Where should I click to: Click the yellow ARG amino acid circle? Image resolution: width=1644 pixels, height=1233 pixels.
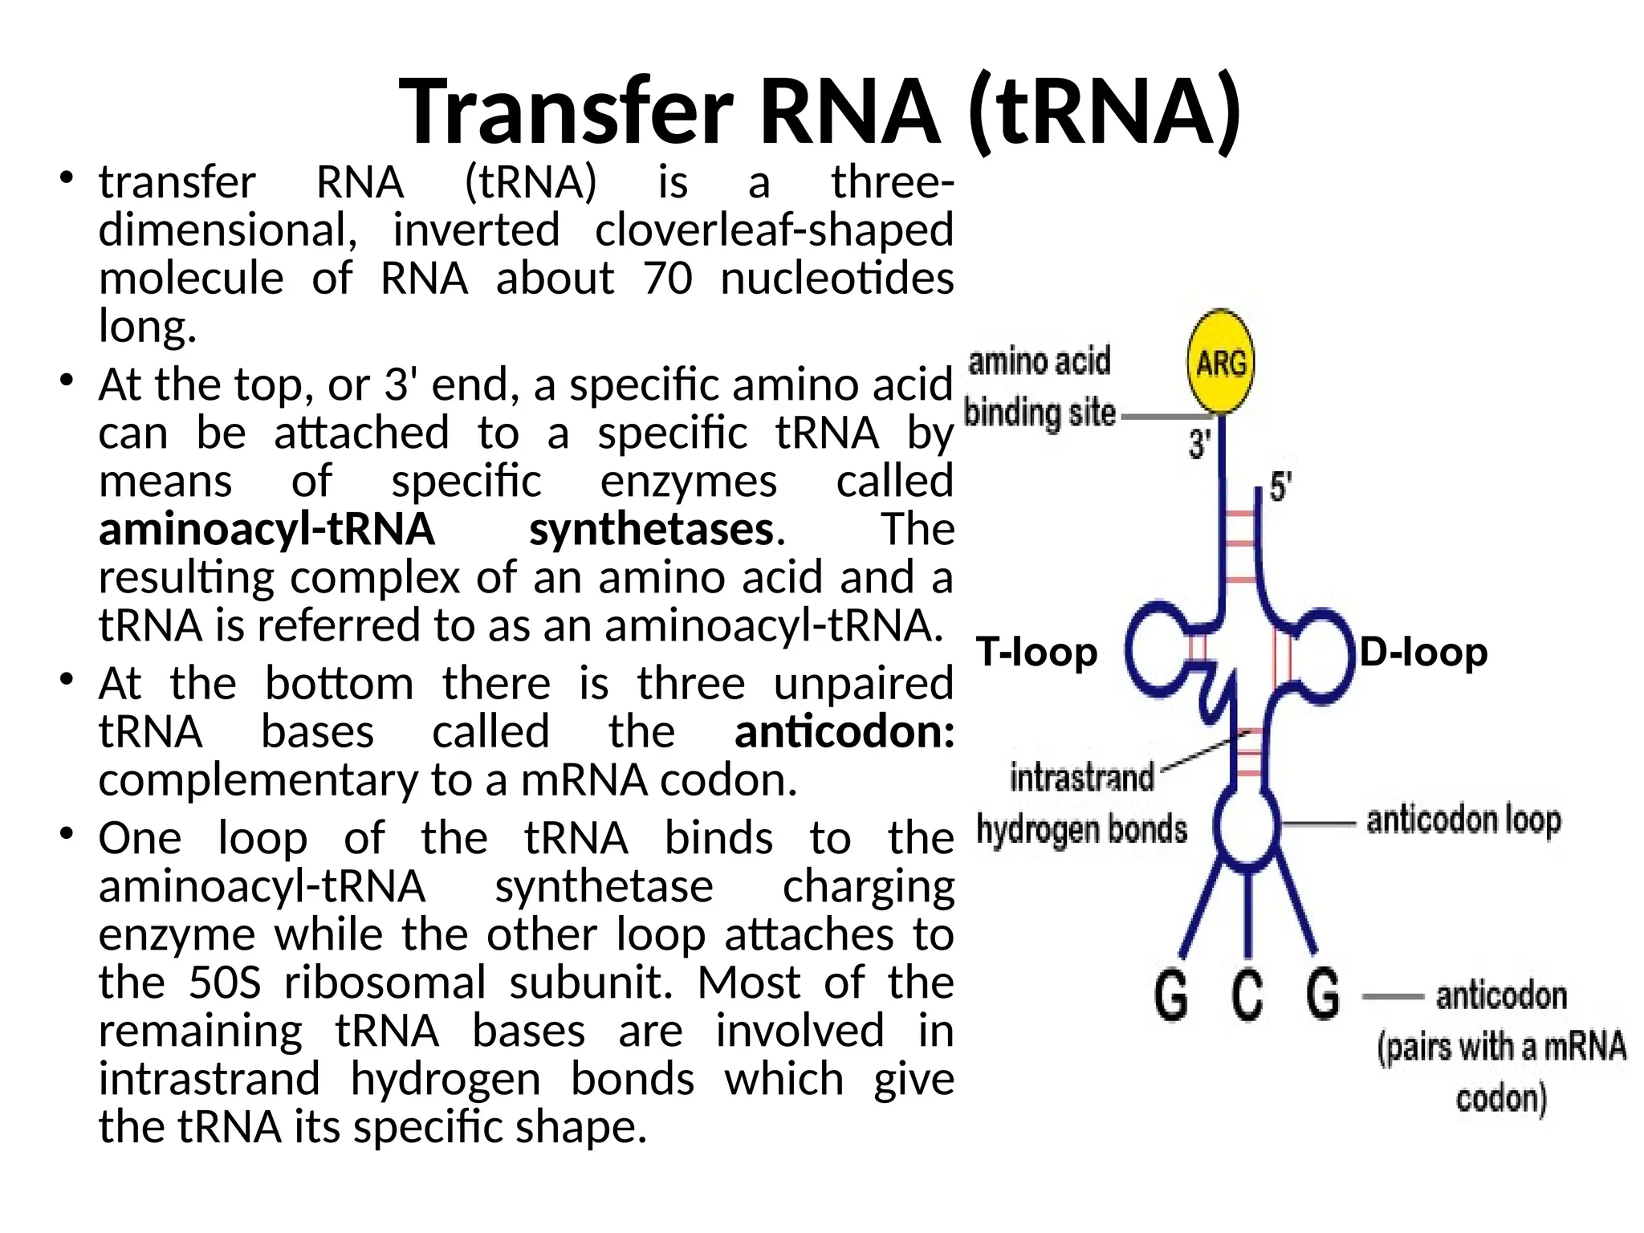pyautogui.click(x=1220, y=362)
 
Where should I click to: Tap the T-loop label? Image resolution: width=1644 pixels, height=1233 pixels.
pyautogui.click(x=1036, y=653)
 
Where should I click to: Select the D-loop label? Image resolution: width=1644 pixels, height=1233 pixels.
pyautogui.click(x=1422, y=653)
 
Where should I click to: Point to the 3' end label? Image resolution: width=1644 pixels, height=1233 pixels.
pyautogui.click(x=1199, y=444)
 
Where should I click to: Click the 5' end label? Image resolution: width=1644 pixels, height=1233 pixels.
pyautogui.click(x=1280, y=487)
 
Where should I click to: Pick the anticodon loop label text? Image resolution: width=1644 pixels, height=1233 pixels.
pyautogui.click(x=1463, y=820)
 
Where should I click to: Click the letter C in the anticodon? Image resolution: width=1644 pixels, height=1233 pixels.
pyautogui.click(x=1247, y=995)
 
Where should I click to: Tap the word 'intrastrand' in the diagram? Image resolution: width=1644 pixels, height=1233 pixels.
pyautogui.click(x=1081, y=778)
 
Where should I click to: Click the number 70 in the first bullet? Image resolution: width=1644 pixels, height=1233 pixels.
pyautogui.click(x=667, y=279)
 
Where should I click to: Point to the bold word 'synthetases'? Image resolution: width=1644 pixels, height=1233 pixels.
pyautogui.click(x=651, y=529)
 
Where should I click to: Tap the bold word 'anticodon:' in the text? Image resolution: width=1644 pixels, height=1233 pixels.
pyautogui.click(x=844, y=731)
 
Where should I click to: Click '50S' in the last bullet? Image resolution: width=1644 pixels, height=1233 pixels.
pyautogui.click(x=225, y=983)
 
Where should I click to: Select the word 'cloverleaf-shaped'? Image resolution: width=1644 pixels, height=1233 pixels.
pyautogui.click(x=774, y=230)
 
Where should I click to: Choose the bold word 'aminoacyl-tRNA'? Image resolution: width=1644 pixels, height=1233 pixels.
pyautogui.click(x=267, y=529)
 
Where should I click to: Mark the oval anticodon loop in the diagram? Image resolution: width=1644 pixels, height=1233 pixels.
pyautogui.click(x=1245, y=827)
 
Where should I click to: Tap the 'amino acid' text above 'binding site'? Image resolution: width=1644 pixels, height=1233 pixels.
pyautogui.click(x=1040, y=361)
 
